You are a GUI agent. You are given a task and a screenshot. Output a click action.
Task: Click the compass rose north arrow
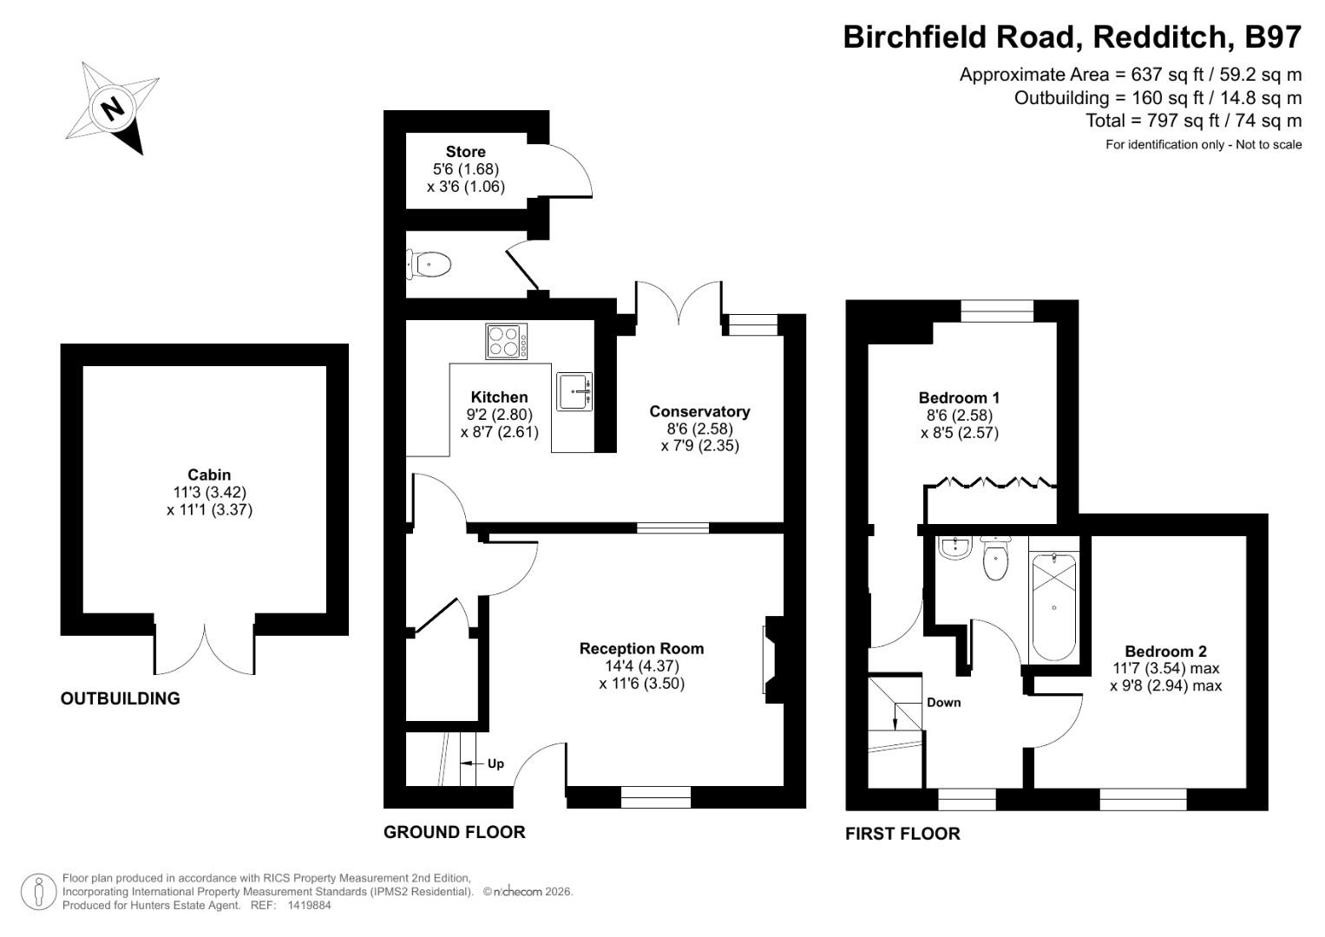[112, 108]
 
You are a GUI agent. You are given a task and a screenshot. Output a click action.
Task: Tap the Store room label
[465, 152]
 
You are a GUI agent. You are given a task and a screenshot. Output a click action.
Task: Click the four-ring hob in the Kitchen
[506, 341]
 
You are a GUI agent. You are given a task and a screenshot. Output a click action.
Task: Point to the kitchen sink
[574, 390]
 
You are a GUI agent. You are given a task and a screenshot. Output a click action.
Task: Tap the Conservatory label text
[699, 411]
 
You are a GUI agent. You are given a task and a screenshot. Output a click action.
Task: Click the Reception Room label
[641, 648]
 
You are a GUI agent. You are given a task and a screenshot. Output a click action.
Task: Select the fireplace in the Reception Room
[771, 655]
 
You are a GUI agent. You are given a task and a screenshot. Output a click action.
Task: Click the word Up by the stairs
[495, 763]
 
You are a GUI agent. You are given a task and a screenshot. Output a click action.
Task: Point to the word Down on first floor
[943, 702]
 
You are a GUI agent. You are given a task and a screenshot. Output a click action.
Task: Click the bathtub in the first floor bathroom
[1053, 599]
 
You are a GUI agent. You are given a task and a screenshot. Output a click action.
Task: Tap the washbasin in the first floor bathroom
[954, 547]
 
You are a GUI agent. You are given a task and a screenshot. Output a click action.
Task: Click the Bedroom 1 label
[959, 397]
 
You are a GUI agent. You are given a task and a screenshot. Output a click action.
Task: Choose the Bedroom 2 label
[1165, 651]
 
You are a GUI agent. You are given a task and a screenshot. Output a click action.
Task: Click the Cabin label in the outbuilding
[209, 474]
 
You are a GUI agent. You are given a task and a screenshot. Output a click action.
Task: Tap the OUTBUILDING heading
[121, 698]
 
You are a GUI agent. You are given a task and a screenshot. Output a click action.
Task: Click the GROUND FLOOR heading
[454, 832]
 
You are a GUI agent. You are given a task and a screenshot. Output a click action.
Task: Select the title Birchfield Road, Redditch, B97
[1072, 36]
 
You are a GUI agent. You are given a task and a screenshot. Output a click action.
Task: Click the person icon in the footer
[38, 891]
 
